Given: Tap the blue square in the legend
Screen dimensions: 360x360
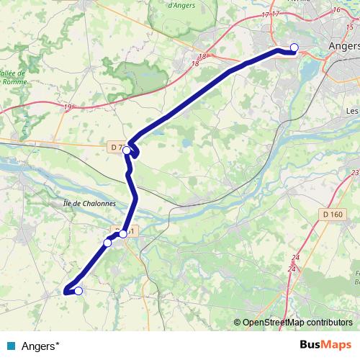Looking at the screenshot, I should [x=13, y=344].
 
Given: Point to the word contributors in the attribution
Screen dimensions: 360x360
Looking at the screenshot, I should [x=327, y=323].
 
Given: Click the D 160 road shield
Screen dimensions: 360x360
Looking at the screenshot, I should [x=333, y=215].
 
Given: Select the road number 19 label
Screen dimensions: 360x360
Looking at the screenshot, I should [x=68, y=107].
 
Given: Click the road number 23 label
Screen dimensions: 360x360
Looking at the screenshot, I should [x=355, y=173].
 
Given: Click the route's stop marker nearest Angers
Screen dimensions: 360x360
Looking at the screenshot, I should [x=294, y=48].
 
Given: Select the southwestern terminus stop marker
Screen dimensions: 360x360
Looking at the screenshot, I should [x=78, y=291].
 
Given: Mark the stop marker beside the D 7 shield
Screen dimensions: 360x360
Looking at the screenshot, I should [x=127, y=150].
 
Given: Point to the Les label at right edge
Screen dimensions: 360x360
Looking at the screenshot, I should [x=352, y=111].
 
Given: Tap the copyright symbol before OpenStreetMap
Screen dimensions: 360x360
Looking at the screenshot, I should [x=238, y=323].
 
